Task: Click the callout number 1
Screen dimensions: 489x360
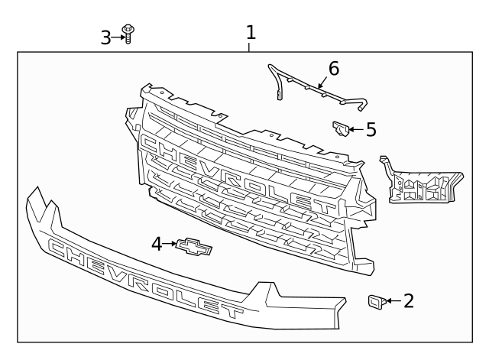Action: click(251, 32)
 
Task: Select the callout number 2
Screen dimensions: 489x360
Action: click(409, 300)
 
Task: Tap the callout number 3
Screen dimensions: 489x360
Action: click(105, 37)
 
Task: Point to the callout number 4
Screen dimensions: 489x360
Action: click(157, 244)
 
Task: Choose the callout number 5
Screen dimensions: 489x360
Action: click(371, 129)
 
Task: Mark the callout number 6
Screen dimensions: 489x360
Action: click(334, 69)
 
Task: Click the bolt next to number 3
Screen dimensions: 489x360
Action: click(128, 34)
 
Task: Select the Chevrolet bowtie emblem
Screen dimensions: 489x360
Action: click(193, 246)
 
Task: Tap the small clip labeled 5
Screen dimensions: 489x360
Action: click(340, 128)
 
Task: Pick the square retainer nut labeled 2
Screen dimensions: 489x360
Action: click(377, 301)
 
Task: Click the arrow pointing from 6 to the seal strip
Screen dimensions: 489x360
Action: click(322, 82)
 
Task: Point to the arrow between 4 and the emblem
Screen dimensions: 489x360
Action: click(170, 244)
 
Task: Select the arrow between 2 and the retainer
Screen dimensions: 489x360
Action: click(394, 300)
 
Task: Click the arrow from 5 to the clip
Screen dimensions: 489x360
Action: click(356, 129)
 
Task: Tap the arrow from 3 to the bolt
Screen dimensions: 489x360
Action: click(118, 37)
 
